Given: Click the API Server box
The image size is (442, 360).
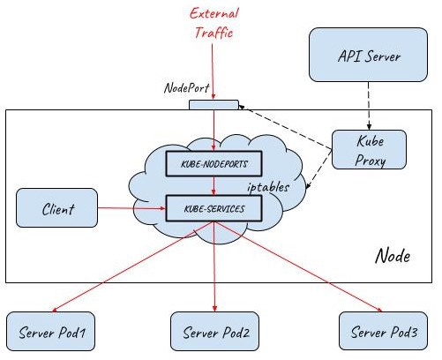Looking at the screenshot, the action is tap(368, 55).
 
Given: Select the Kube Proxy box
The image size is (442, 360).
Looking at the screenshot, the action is tap(369, 150).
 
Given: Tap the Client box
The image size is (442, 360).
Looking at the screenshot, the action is tap(56, 208).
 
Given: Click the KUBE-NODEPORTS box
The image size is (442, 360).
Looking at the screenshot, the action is tap(214, 164).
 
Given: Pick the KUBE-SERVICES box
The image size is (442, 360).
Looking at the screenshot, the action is tap(214, 208).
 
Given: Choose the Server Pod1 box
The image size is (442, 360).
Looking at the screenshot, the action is tap(51, 332).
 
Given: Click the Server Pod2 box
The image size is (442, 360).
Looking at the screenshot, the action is tap(215, 332).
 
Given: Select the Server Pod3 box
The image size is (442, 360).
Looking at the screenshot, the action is tap(383, 332).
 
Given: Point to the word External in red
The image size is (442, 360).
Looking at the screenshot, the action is tap(214, 14).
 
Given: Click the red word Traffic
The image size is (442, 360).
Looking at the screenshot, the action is tap(214, 32).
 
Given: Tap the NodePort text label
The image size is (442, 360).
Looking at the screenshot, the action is tap(186, 87).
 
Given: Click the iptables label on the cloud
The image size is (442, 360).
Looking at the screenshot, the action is tap(268, 187).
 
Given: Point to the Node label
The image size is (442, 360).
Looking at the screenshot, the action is tap(393, 255).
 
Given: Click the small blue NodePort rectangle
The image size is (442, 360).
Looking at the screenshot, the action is tap(214, 105).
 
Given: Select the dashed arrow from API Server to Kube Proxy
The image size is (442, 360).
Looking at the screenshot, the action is tap(369, 106).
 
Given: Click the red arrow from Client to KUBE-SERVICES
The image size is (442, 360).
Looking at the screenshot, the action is tap(131, 208).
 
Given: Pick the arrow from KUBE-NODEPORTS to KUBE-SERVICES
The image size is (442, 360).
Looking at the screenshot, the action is tap(214, 186).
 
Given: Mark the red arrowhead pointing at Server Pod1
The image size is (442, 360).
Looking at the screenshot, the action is tap(55, 310).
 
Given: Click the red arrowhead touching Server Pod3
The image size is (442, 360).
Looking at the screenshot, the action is tap(379, 309).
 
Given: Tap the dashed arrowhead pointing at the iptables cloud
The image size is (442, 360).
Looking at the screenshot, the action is tap(308, 186).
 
